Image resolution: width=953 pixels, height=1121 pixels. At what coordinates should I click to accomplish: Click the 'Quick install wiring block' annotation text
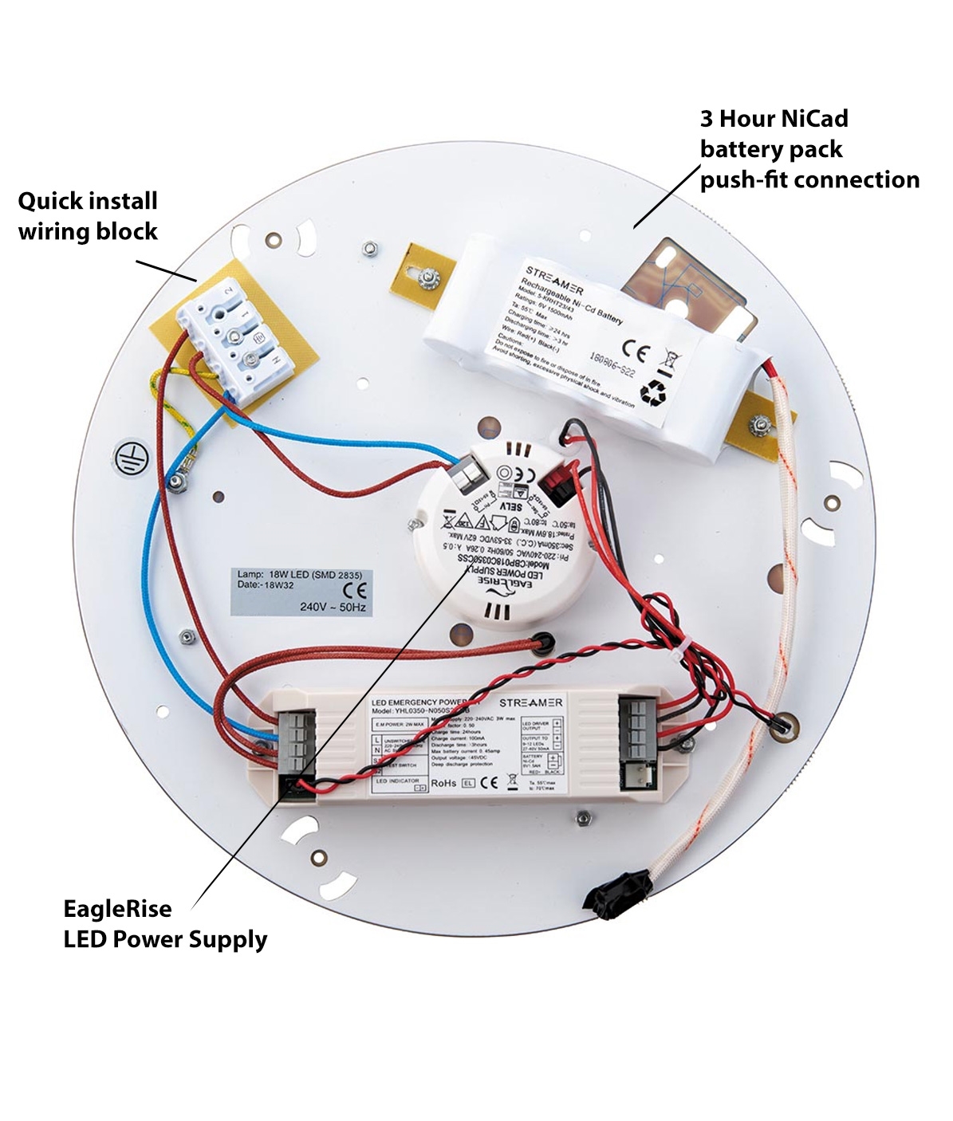click(88, 216)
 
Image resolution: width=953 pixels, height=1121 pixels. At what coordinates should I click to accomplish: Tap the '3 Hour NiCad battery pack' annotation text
click(809, 149)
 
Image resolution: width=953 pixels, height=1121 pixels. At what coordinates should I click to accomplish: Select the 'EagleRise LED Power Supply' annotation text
click(165, 924)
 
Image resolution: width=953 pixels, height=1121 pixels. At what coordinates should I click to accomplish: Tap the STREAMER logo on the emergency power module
click(530, 702)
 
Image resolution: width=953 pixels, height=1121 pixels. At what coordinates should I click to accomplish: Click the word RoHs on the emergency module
click(443, 783)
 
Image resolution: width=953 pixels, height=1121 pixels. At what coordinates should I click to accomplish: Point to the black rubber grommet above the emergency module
click(545, 640)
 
